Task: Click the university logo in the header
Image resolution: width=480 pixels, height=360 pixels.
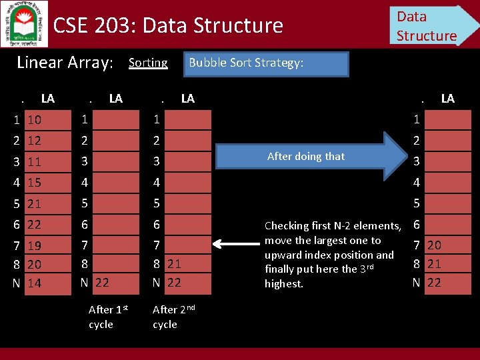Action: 25,23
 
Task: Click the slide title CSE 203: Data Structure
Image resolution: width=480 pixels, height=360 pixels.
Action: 168,25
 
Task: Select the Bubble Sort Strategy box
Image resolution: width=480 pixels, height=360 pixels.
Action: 265,64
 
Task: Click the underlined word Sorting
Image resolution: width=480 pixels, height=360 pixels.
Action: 148,63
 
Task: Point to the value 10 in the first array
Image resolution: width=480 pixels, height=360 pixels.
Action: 35,120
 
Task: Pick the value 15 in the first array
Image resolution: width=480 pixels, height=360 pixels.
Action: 35,182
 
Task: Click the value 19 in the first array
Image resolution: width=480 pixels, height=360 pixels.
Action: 35,245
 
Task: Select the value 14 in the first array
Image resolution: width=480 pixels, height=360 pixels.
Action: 35,283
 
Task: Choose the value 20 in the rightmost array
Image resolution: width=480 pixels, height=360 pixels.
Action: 434,245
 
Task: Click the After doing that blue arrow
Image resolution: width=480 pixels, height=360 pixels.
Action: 309,156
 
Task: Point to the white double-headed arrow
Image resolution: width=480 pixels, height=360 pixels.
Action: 237,245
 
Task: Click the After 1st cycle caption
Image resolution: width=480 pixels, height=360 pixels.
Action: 107,317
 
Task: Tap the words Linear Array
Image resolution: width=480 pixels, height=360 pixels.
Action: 65,63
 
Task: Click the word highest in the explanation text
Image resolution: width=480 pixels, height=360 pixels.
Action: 284,283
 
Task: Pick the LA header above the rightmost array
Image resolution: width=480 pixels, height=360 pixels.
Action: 447,99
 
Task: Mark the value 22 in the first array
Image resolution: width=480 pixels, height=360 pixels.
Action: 35,225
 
